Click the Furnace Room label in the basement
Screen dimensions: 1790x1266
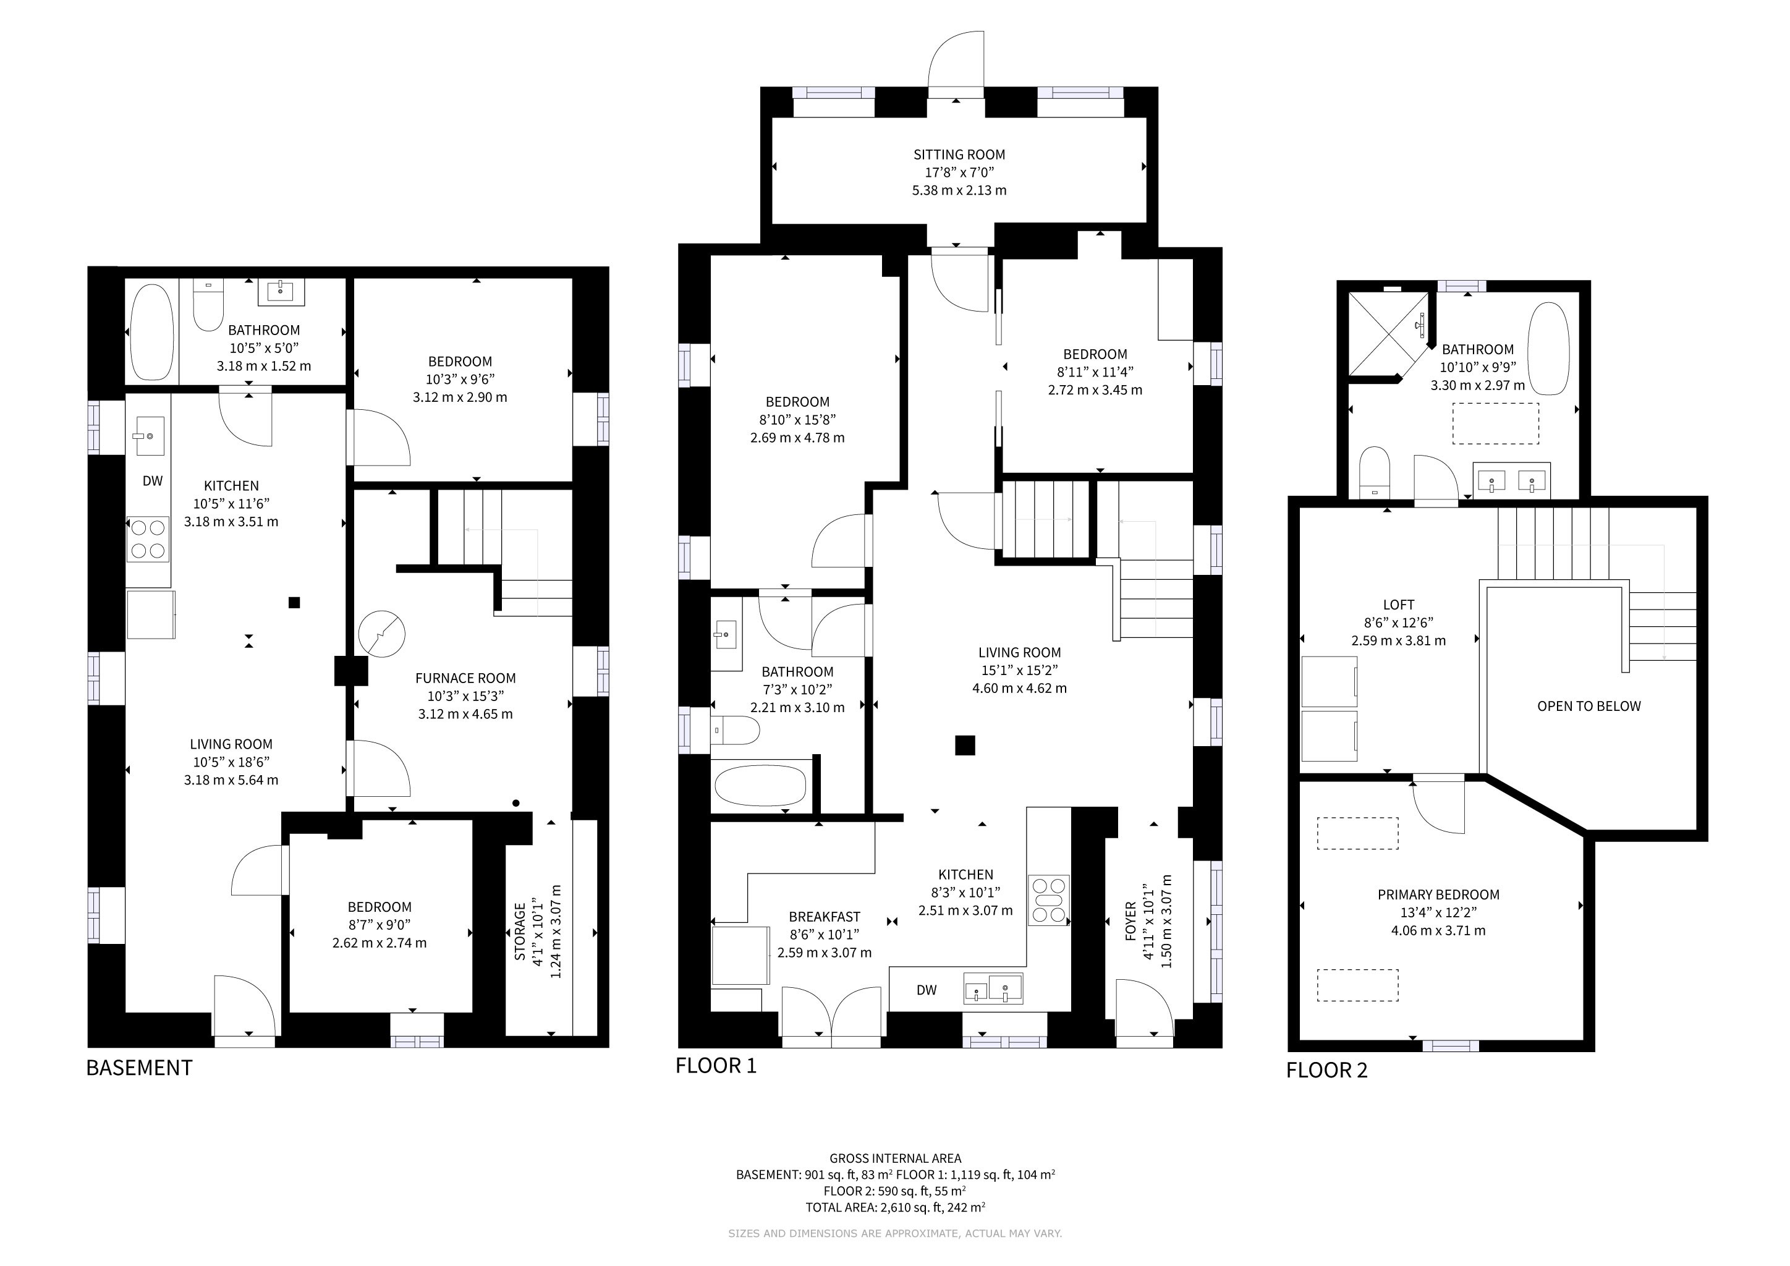click(465, 678)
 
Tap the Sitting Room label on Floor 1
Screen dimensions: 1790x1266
click(960, 155)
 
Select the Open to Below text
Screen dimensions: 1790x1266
click(1589, 707)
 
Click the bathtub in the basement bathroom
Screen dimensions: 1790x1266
click(152, 332)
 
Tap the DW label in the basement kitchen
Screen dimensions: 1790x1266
click(153, 481)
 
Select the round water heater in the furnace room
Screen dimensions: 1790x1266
click(382, 633)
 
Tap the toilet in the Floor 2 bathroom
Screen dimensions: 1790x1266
click(1375, 472)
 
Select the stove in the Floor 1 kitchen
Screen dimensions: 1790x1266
click(1048, 901)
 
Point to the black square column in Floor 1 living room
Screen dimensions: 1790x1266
click(965, 746)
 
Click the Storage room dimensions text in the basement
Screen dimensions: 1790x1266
click(546, 932)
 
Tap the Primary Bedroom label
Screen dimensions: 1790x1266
click(1438, 895)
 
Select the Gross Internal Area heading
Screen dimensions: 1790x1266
click(895, 1158)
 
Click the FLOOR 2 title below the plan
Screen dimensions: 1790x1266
click(1327, 1070)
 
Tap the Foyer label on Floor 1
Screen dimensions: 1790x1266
click(1130, 922)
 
